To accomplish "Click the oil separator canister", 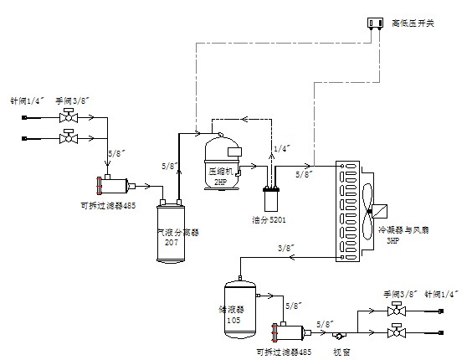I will tap(270, 199).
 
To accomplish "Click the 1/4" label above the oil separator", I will tap(284, 148).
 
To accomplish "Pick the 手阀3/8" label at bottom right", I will tap(400, 294).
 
